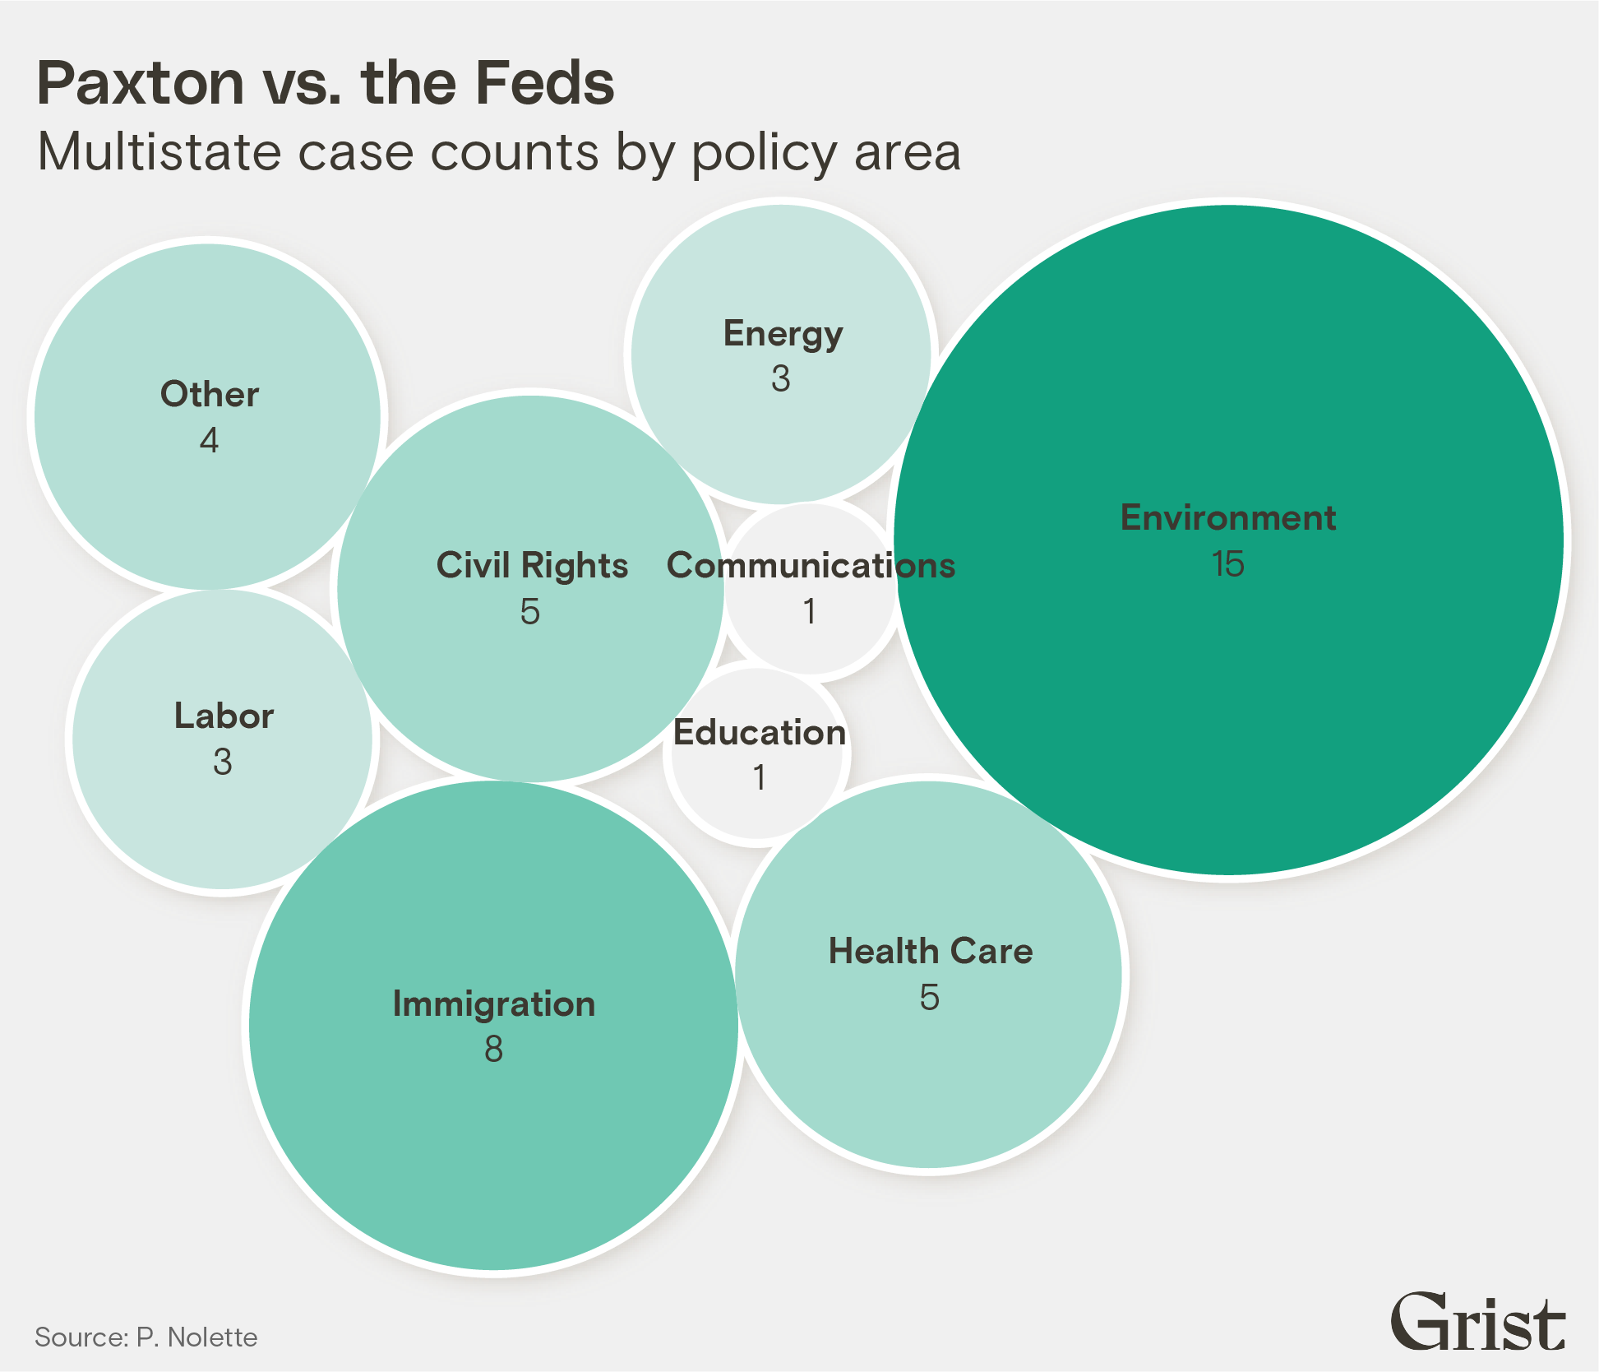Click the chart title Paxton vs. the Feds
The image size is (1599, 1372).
tap(326, 83)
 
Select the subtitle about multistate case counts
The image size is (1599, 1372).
tap(499, 152)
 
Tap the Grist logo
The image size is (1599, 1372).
tap(1477, 1323)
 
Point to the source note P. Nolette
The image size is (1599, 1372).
tap(146, 1337)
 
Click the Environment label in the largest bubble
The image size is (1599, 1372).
tap(1228, 518)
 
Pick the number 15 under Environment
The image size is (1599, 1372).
tap(1228, 564)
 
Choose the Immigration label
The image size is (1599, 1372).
tap(494, 1004)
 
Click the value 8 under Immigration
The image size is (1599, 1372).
tap(493, 1050)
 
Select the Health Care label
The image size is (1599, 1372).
tap(931, 951)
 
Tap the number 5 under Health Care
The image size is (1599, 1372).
tap(930, 998)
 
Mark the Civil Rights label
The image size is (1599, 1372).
tap(532, 566)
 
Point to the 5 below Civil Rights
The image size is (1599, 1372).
tap(530, 612)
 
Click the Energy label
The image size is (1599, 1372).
tap(783, 334)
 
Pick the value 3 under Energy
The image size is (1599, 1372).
tap(781, 379)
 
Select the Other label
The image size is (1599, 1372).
tap(210, 395)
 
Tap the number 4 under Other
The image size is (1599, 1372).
tap(210, 441)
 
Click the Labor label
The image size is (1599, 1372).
tap(224, 716)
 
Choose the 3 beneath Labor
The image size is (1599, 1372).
tap(223, 762)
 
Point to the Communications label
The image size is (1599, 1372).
tap(811, 566)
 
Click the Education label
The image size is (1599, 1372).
tap(760, 733)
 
